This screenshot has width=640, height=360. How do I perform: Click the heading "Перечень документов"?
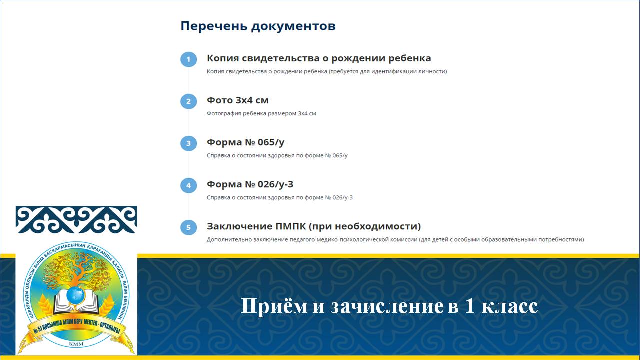point(258,26)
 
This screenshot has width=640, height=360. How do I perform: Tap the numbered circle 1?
point(188,59)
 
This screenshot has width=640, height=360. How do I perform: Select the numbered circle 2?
point(188,101)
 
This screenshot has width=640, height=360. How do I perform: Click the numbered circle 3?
point(188,143)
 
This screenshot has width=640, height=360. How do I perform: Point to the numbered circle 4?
point(188,185)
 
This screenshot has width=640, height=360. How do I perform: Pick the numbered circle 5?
point(188,227)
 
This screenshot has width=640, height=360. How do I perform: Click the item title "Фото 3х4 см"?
point(237,100)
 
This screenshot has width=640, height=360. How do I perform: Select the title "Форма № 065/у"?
point(245,142)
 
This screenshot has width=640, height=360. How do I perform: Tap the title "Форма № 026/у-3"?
point(250,184)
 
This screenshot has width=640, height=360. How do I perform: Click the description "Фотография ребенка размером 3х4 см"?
point(261,113)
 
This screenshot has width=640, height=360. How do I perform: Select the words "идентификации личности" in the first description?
point(409,71)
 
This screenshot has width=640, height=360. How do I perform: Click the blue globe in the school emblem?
point(76,295)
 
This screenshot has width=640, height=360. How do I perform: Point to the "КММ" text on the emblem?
point(76,344)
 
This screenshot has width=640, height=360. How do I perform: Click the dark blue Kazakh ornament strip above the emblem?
point(76,219)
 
